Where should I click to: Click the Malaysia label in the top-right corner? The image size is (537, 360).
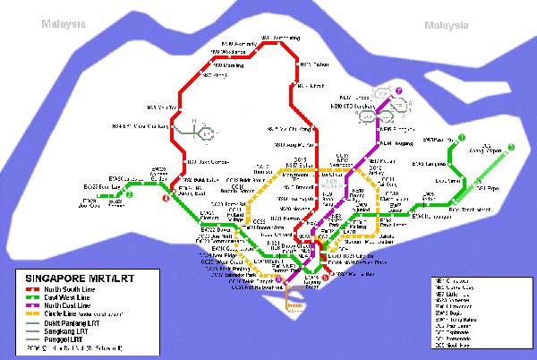pos(447,24)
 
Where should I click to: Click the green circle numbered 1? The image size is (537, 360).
pos(462,138)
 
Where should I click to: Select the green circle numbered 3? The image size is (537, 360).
pos(511,147)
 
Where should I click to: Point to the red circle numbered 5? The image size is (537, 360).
pos(325,277)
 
